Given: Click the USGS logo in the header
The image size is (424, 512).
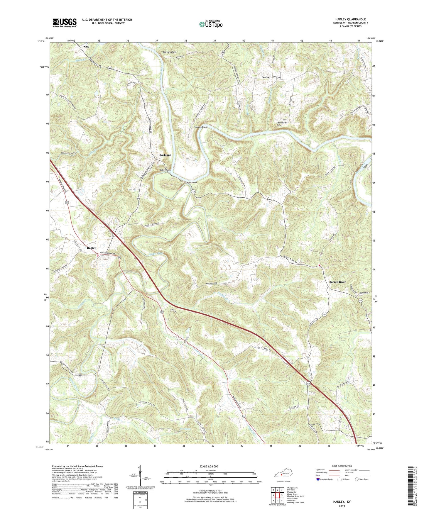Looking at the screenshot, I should pos(64,23).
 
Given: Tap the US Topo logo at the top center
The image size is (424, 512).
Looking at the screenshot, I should pos(210,24).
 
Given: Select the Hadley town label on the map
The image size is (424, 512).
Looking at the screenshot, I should pos(91,248).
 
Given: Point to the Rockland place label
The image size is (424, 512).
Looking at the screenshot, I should pos(165,155).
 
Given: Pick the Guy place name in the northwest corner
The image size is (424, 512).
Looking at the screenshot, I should pos(87,47).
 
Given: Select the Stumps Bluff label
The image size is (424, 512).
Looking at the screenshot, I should pos(201,127).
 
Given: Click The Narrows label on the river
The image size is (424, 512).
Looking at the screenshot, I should pos(190,182).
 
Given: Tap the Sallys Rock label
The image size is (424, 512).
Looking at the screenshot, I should pos(165,170).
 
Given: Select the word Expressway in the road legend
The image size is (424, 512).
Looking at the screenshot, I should pos(321,470).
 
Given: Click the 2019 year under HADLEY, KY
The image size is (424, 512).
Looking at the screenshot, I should pos(342,506).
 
